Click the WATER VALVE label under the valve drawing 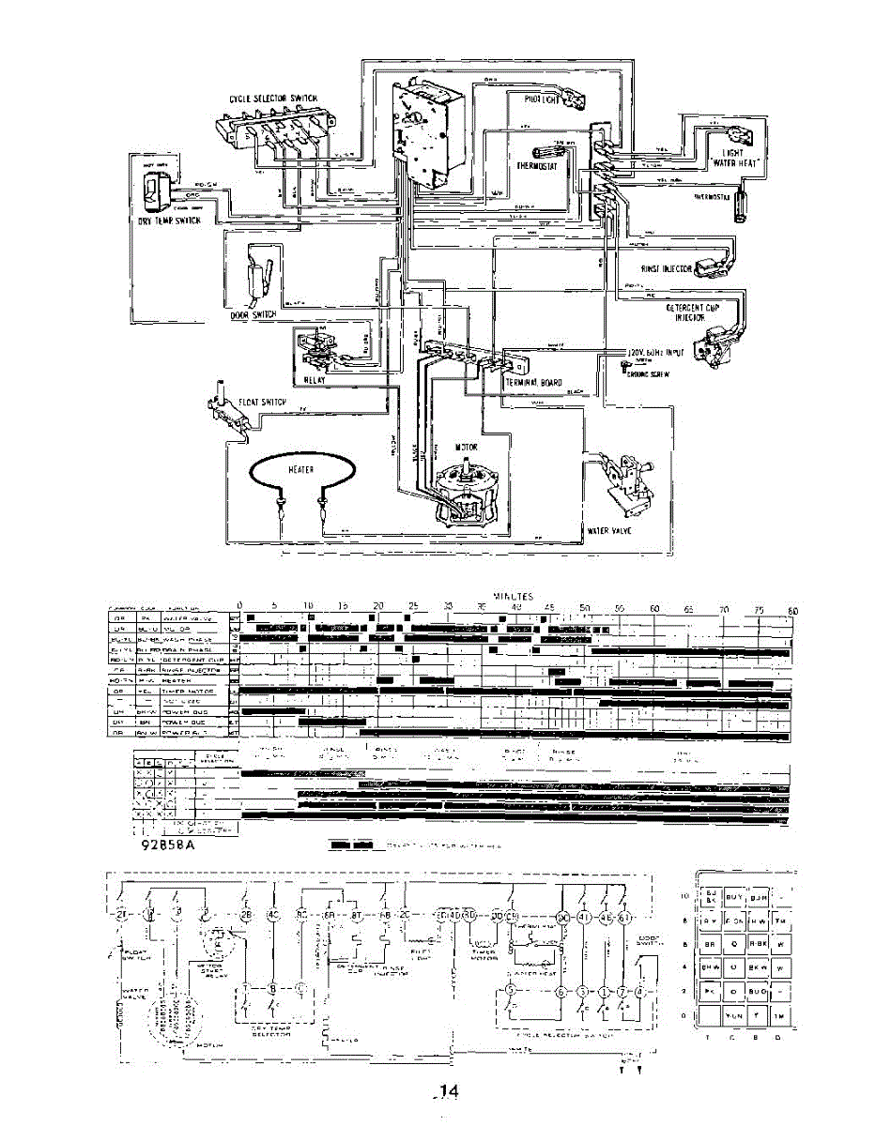click(607, 530)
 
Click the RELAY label click(315, 382)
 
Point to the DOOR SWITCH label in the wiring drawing click(253, 315)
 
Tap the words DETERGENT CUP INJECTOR click(693, 312)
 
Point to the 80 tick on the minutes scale click(791, 611)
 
